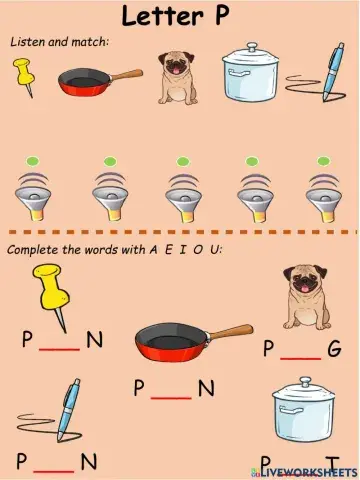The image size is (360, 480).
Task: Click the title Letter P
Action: [181, 15]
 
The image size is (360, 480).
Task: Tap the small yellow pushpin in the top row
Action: [24, 76]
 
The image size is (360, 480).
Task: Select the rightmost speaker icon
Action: [324, 192]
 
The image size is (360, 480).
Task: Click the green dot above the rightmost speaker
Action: [324, 160]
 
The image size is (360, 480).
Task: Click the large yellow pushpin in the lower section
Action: [50, 290]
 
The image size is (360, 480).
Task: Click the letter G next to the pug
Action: [333, 349]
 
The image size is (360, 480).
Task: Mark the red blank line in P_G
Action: [300, 356]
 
